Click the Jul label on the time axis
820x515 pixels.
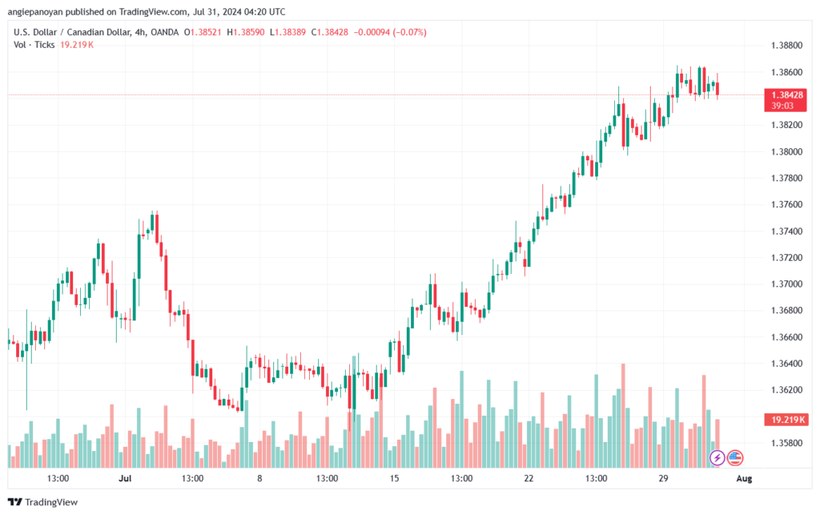[x=125, y=478]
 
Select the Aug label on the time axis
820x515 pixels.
[x=744, y=478]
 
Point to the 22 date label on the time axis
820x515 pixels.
[x=528, y=478]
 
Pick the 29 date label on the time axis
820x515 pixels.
[x=662, y=478]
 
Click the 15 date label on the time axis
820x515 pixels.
[x=393, y=478]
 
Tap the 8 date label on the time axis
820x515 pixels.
[x=259, y=478]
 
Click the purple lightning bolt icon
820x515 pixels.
[x=717, y=458]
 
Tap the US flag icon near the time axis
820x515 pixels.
[x=735, y=458]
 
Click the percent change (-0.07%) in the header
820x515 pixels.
[x=409, y=32]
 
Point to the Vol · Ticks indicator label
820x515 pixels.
[x=33, y=44]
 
